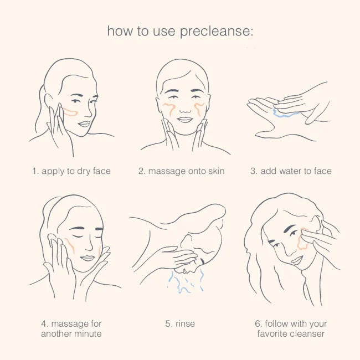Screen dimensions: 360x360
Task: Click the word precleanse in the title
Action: pos(216,32)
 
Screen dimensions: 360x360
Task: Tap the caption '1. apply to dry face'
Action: pos(71,171)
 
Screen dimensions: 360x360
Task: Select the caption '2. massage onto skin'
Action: pos(182,171)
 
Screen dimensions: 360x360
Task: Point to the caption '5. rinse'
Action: pos(180,323)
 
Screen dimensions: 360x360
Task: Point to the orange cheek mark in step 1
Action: pos(70,112)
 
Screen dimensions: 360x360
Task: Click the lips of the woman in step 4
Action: pos(88,258)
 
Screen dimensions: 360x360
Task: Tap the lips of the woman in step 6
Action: pos(297,260)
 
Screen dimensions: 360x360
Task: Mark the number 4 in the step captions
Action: pos(44,323)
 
